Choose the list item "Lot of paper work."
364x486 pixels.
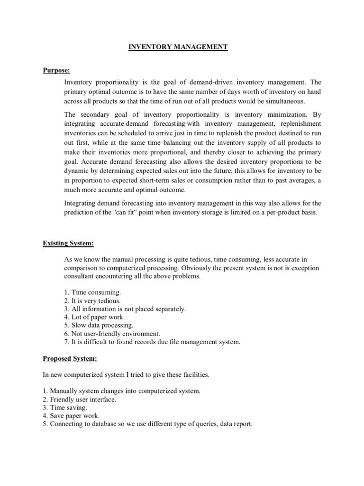coord(94,317)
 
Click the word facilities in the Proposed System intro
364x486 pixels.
coord(193,374)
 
